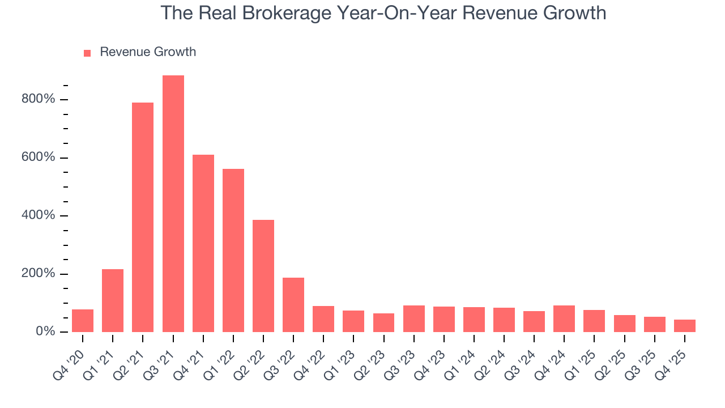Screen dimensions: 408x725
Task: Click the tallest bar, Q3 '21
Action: pyautogui.click(x=173, y=203)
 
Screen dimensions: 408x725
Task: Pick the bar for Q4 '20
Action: pyautogui.click(x=83, y=321)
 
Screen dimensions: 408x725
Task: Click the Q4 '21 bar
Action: pyautogui.click(x=203, y=243)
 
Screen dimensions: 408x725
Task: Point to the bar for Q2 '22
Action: pyautogui.click(x=263, y=275)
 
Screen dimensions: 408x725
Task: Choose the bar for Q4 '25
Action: pyautogui.click(x=685, y=326)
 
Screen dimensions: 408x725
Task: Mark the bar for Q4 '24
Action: pyautogui.click(x=564, y=318)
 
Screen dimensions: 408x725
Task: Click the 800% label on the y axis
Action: pyautogui.click(x=39, y=100)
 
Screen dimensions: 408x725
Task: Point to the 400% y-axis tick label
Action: pyautogui.click(x=39, y=216)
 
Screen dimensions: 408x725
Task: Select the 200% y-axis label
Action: pyautogui.click(x=39, y=274)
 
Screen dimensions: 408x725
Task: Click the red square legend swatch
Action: pyautogui.click(x=87, y=53)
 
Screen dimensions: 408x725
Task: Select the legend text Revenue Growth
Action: pyautogui.click(x=148, y=52)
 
